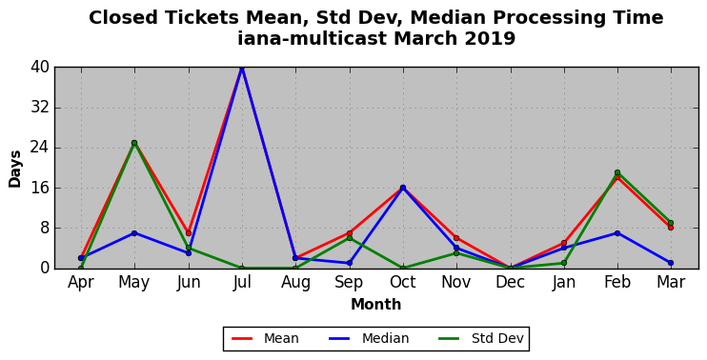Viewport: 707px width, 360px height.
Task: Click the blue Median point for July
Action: click(x=242, y=68)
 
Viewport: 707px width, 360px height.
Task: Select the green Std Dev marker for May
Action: click(x=134, y=143)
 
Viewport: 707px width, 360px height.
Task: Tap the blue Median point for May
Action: click(x=134, y=233)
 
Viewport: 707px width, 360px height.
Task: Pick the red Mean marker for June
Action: click(x=189, y=233)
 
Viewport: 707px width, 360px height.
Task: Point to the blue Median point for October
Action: click(x=403, y=188)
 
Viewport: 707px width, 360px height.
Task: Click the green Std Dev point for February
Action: click(x=617, y=172)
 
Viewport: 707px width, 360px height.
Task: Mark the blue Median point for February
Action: click(x=617, y=233)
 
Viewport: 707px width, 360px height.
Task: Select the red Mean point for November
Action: click(x=456, y=238)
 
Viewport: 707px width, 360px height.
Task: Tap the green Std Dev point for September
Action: click(x=350, y=238)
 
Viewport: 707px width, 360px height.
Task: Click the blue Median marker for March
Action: click(x=671, y=263)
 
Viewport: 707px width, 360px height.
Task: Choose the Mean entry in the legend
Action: click(x=265, y=338)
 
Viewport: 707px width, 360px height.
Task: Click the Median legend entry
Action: click(x=370, y=338)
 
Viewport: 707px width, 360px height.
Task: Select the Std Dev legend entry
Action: click(x=481, y=338)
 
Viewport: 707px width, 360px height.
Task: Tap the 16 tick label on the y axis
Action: click(x=40, y=188)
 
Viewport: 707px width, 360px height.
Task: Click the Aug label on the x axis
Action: click(x=295, y=283)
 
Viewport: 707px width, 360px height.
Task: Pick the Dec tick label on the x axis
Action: click(x=510, y=282)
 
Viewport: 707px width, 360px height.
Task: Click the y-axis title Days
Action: click(x=15, y=169)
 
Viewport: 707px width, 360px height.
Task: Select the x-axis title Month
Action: click(x=376, y=305)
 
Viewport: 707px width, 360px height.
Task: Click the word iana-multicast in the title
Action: click(x=312, y=39)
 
